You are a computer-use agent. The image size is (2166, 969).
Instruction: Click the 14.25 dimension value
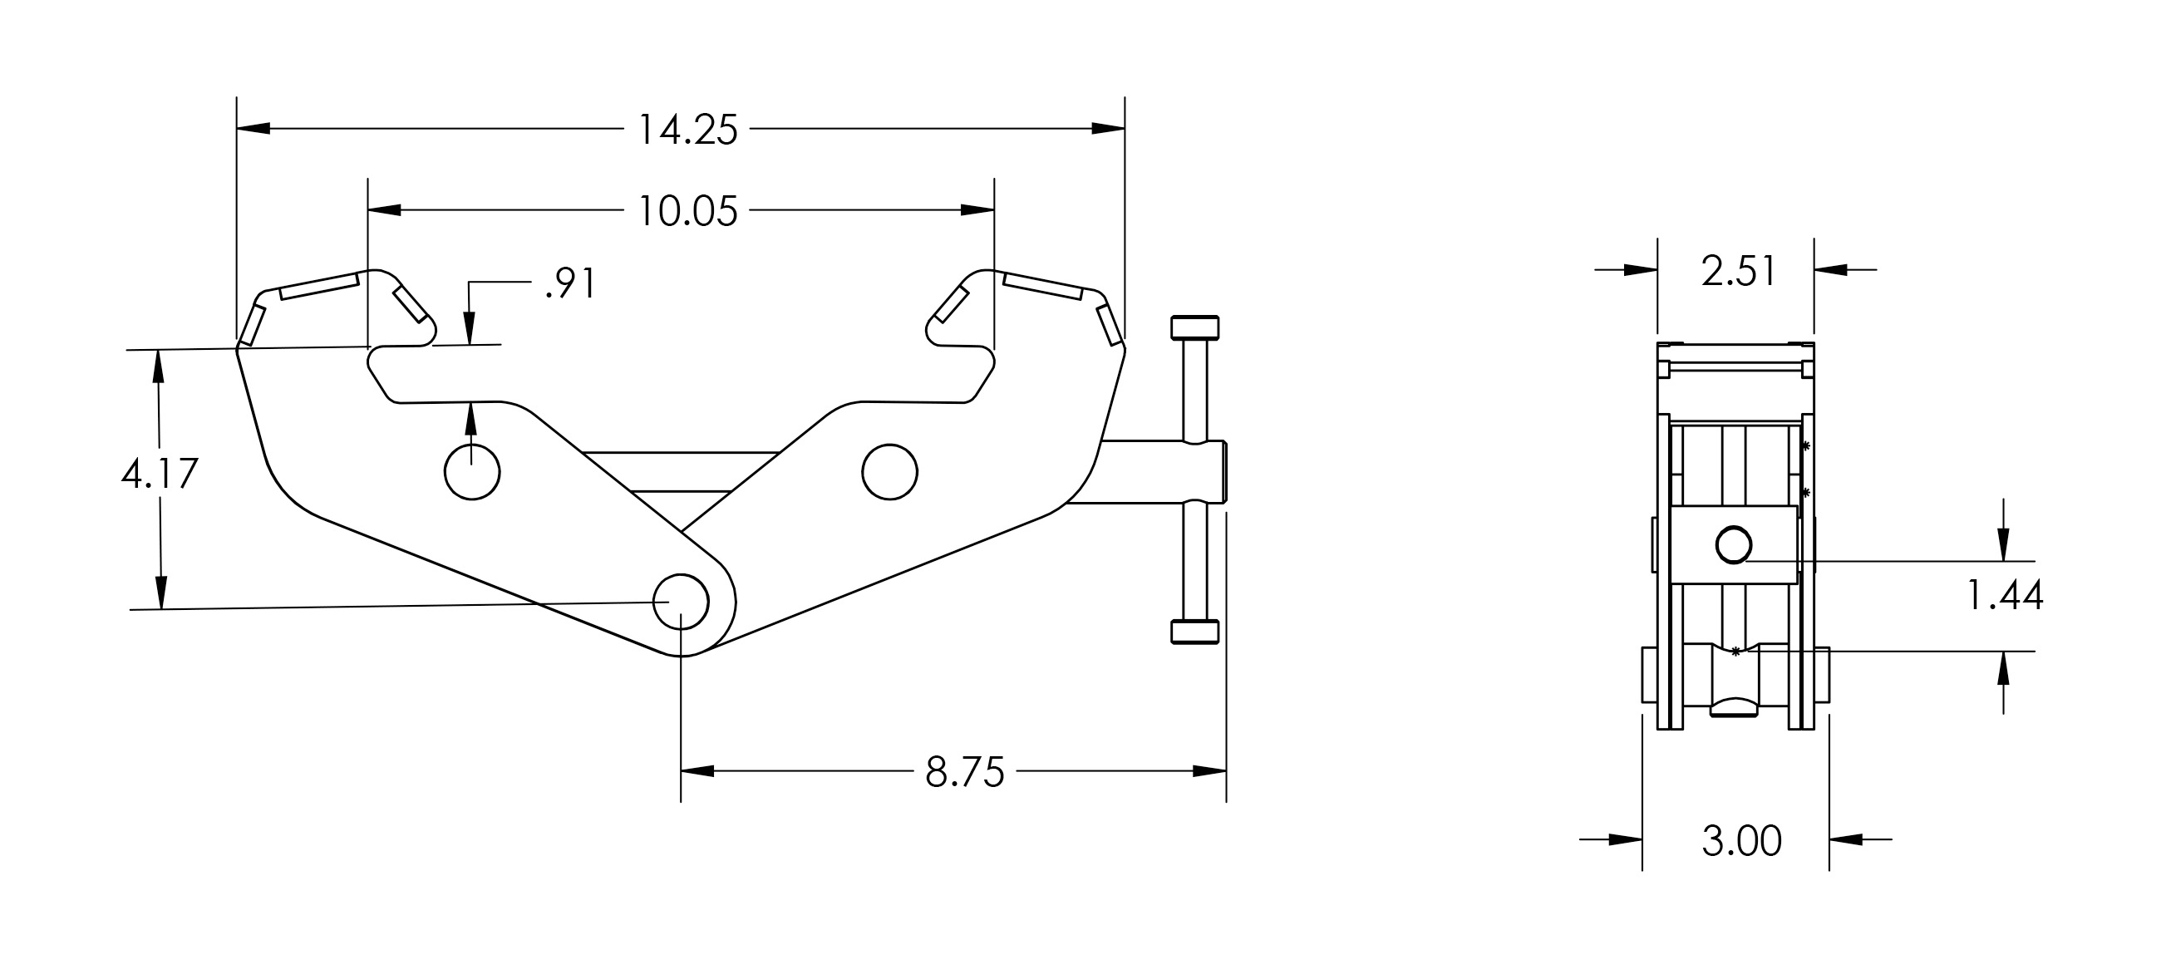point(688,130)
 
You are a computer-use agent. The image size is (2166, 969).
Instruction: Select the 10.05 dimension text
point(688,211)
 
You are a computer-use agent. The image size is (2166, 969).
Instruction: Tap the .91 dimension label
point(571,283)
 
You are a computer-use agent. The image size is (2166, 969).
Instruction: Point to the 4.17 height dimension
point(160,474)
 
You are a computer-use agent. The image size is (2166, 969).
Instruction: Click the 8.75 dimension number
point(964,772)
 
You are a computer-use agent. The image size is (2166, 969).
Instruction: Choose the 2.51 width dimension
point(1739,272)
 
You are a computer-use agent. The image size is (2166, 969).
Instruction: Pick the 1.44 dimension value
point(2005,596)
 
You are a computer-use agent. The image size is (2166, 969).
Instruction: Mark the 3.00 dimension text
point(1741,841)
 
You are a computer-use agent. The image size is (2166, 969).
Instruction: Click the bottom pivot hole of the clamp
point(681,602)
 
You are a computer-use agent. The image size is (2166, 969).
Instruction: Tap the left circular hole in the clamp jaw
point(473,472)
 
